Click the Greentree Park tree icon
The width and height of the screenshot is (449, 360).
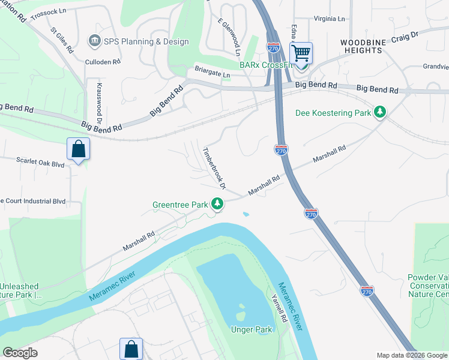(x=217, y=205)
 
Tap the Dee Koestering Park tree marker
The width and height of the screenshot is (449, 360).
(x=379, y=112)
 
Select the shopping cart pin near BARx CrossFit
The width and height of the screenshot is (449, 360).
(x=301, y=54)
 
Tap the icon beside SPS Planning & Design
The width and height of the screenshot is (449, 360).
(x=95, y=41)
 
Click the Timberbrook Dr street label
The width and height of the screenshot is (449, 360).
(x=213, y=169)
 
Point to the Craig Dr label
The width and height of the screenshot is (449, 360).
(x=405, y=36)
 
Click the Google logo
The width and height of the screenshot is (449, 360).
(x=20, y=353)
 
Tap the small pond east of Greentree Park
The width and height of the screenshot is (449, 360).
(x=246, y=214)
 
